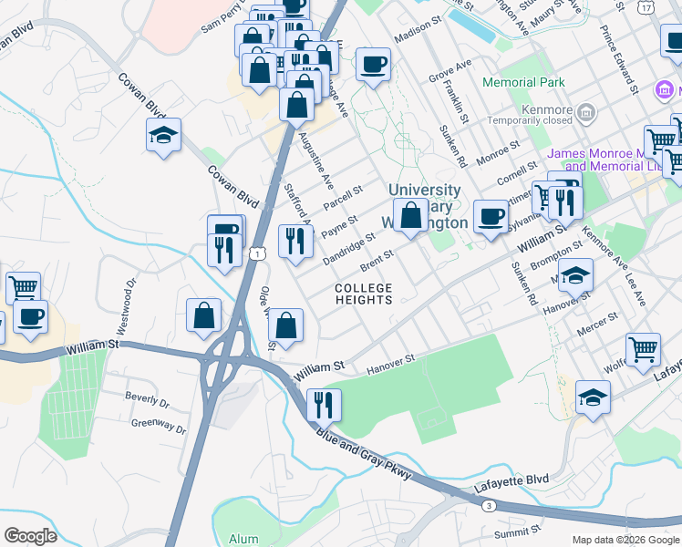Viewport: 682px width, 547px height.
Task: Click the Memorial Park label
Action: point(524,82)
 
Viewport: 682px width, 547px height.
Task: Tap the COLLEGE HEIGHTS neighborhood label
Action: point(363,294)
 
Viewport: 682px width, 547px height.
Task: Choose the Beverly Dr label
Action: point(147,398)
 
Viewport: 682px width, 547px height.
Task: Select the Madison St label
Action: point(418,35)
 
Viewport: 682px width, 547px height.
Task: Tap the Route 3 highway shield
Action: point(490,505)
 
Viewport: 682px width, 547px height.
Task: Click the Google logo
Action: point(30,535)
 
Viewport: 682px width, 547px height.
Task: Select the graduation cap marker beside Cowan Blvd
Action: point(164,136)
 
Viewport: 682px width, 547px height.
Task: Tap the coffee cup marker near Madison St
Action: point(373,65)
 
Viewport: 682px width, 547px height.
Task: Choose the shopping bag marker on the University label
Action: point(411,215)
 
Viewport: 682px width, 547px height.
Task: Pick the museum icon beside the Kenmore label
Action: point(586,114)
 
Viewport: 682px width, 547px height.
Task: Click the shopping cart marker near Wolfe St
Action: point(643,349)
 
